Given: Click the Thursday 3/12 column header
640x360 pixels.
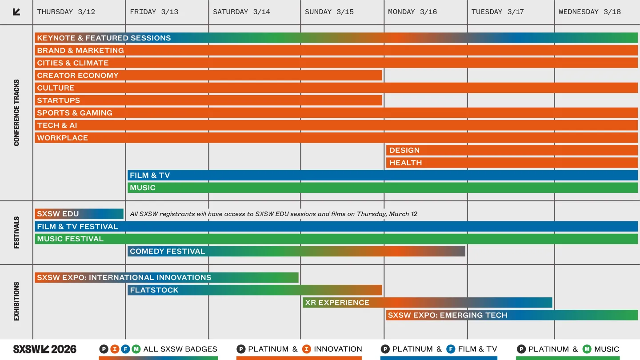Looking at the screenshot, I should [66, 12].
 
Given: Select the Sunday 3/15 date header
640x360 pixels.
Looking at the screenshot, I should [329, 12].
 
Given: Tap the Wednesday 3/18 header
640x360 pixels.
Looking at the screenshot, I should [590, 12].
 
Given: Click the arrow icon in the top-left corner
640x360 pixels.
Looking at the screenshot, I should [16, 12].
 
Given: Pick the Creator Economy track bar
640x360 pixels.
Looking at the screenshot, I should [208, 76].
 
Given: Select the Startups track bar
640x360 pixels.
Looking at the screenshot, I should [208, 100].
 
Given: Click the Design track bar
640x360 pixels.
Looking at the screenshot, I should [512, 150].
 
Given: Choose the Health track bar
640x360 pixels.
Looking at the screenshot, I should [512, 163].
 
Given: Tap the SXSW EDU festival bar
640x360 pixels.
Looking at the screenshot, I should [79, 214].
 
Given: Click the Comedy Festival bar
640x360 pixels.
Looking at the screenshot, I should [296, 251].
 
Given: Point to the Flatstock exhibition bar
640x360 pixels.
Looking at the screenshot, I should [255, 290].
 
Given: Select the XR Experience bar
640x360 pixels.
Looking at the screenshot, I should [427, 303].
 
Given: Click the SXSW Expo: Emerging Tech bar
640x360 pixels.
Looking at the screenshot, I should [512, 315].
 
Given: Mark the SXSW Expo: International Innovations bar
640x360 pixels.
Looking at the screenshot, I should [167, 278].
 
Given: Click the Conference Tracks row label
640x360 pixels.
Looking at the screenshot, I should [16, 113].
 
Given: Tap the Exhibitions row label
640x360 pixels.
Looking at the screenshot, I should [16, 301].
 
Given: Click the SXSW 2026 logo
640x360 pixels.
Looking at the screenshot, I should [45, 349].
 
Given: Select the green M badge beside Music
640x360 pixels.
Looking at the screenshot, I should [587, 349].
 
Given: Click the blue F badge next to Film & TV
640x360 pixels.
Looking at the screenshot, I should [450, 349].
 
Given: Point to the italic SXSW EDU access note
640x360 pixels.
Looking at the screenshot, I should [273, 214].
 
